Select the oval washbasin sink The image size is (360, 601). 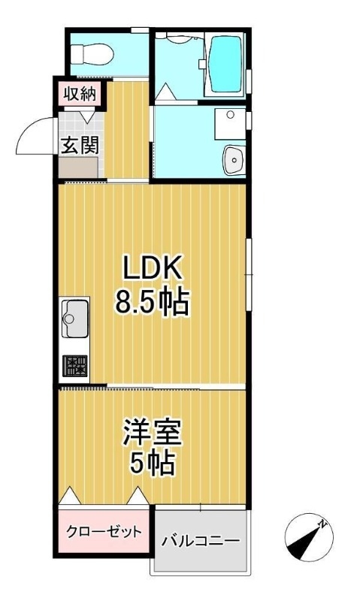pyautogui.click(x=234, y=159)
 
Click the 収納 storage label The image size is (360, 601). pyautogui.click(x=77, y=94)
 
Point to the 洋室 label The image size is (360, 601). pyautogui.click(x=152, y=433)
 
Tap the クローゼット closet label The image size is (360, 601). pyautogui.click(x=104, y=533)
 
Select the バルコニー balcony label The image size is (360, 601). pyautogui.click(x=200, y=540)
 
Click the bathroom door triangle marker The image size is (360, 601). pyautogui.click(x=164, y=93)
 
